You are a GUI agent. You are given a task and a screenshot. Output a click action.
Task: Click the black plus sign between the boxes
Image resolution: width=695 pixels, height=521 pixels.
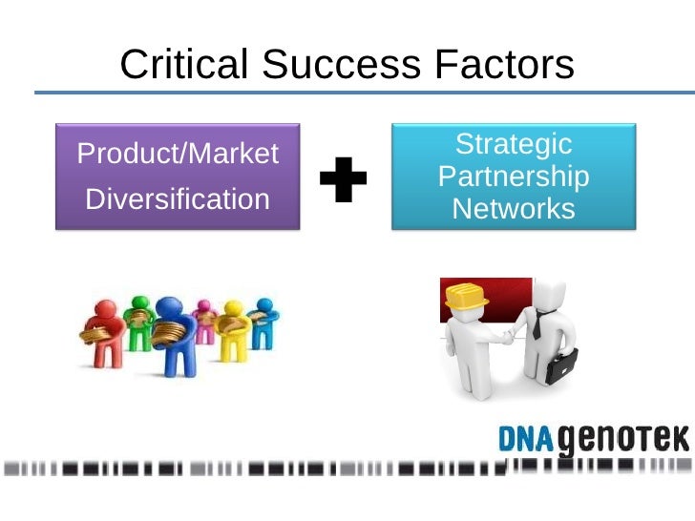(x=343, y=180)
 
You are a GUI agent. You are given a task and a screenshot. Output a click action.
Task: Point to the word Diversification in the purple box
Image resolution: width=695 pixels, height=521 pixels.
(x=178, y=199)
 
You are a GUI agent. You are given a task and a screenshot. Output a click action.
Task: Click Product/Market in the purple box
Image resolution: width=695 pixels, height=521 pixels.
(x=178, y=153)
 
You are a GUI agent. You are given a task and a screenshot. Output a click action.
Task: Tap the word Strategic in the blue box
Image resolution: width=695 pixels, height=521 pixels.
(x=514, y=145)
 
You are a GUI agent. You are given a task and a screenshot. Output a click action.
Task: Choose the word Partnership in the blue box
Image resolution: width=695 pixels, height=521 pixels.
(x=514, y=177)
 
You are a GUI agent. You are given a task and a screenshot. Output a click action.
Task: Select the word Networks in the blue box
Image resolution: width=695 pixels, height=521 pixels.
(x=514, y=208)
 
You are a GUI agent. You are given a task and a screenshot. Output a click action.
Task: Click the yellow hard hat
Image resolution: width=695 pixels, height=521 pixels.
(x=467, y=297)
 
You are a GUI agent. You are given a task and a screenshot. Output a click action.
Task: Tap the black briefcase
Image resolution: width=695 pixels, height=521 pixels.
(x=560, y=365)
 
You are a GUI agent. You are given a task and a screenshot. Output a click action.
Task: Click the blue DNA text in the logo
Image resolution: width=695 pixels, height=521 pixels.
(x=528, y=438)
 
